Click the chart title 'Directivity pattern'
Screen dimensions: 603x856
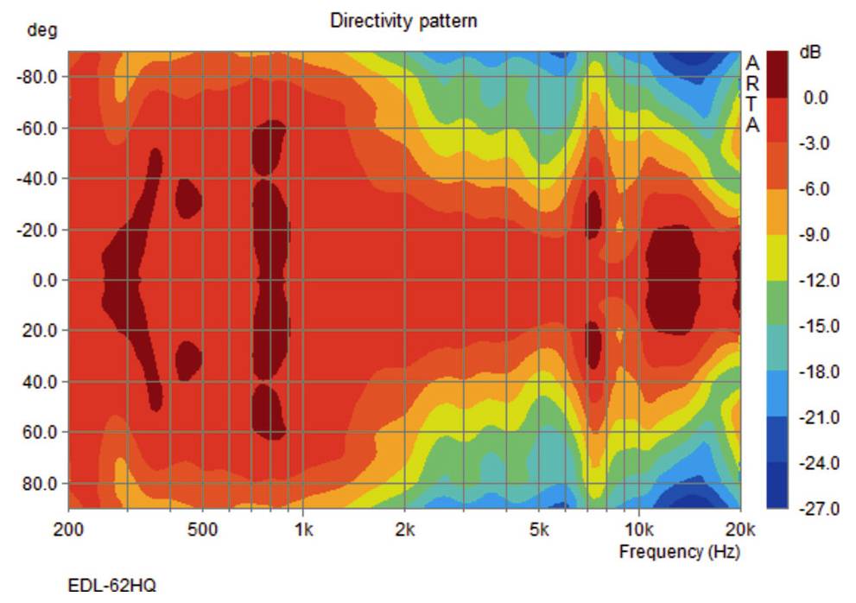coord(403,21)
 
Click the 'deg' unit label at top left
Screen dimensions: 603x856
coord(42,31)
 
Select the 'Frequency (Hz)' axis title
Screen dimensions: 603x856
coord(679,551)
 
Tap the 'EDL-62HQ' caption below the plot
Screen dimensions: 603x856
coord(112,586)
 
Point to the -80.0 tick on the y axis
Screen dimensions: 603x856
coord(37,77)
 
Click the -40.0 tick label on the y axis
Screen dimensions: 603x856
coord(37,179)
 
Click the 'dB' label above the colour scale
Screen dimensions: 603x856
coord(809,52)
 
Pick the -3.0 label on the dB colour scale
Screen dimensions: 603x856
coord(815,143)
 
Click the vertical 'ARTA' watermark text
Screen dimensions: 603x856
coord(752,94)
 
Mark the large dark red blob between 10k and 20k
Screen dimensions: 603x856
coord(673,280)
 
